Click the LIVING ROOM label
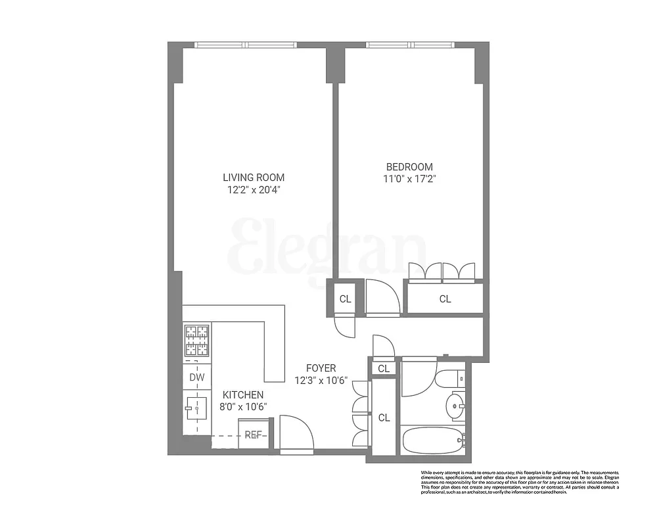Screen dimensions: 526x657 coord(254,178)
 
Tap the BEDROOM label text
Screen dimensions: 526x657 coord(409,167)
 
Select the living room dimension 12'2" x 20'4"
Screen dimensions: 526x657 coord(254,190)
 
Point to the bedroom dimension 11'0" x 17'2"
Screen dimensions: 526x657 coord(409,179)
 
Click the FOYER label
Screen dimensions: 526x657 coord(321,368)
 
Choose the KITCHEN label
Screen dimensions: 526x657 coord(242,394)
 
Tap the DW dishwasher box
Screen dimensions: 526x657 coord(196,377)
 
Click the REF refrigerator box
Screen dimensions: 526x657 coord(253,435)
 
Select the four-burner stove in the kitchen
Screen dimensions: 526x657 coord(196,341)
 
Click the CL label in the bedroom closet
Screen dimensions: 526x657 coord(445,299)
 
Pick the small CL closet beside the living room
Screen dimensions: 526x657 coord(345,299)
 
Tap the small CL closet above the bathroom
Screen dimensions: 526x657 coord(384,369)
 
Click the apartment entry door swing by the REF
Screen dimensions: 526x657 coord(296,433)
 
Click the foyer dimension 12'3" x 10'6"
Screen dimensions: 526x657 coord(321,381)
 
